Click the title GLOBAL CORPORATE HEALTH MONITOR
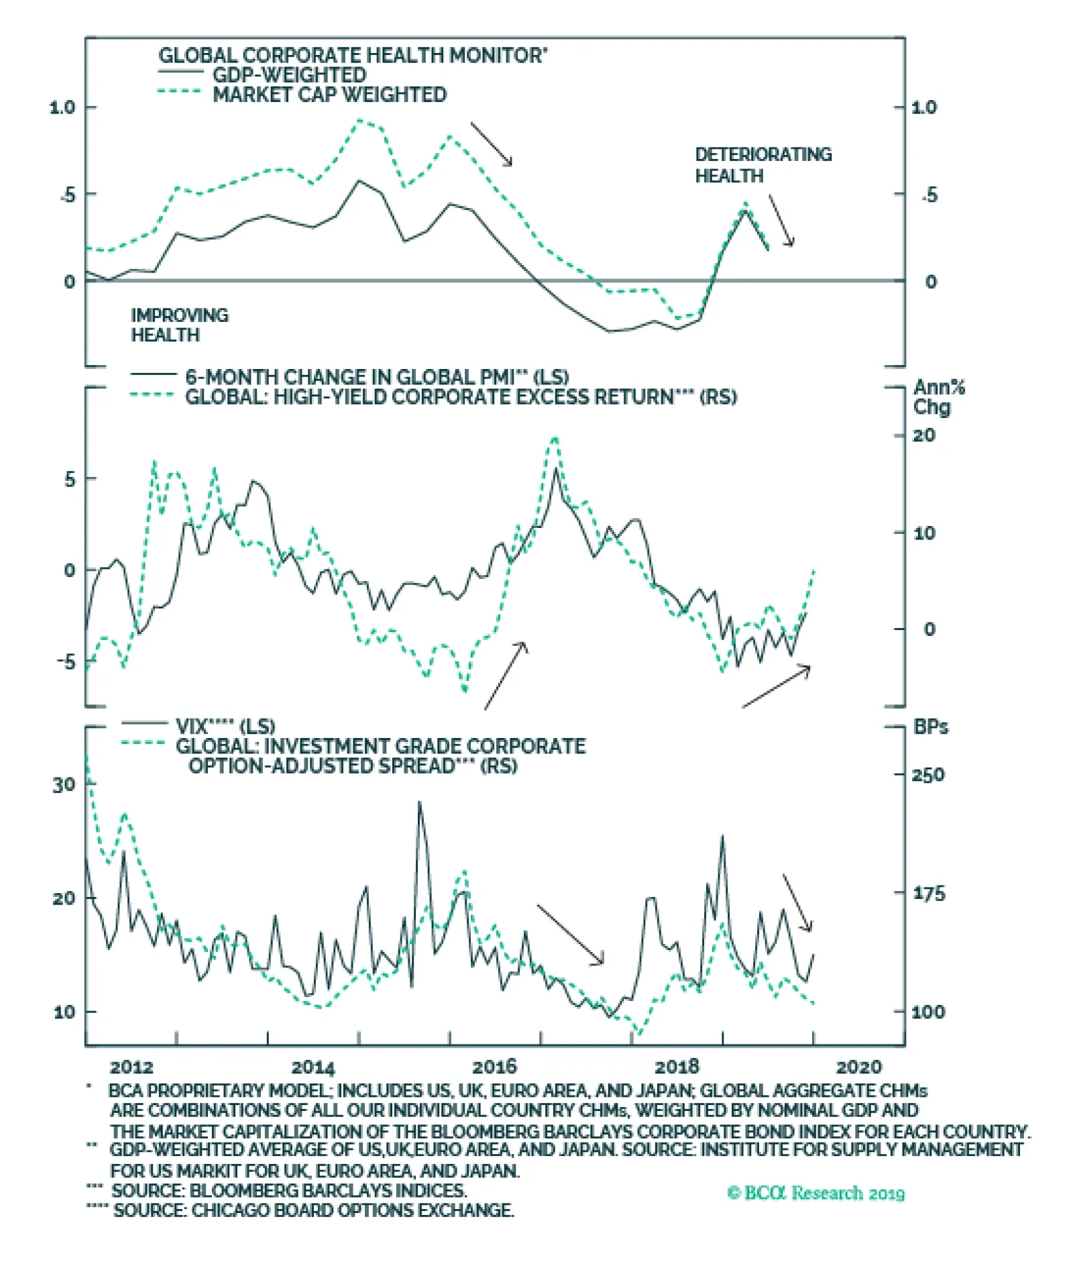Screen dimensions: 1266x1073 coord(352,55)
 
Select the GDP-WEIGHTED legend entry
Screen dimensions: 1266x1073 coord(289,75)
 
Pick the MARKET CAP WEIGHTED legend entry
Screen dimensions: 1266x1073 coord(329,95)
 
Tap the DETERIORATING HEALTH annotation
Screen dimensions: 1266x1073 coord(763,165)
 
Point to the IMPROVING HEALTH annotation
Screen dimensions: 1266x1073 coord(179,325)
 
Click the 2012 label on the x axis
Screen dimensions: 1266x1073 coord(131,1067)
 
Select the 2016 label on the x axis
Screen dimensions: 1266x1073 coord(494,1067)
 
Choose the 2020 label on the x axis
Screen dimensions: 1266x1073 coord(858,1067)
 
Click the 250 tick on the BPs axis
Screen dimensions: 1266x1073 coord(927,775)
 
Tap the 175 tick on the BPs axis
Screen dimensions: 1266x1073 coord(927,894)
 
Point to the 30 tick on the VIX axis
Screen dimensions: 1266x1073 coord(64,784)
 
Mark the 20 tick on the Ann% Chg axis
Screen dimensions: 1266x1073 coord(924,435)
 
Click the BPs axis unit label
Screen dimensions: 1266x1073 coord(931,727)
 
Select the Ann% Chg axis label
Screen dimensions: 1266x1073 coord(938,397)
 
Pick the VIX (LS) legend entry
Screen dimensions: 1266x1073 coord(225,726)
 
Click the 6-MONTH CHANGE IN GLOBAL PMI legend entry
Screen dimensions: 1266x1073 coord(376,377)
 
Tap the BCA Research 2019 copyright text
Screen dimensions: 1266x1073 coord(815,1193)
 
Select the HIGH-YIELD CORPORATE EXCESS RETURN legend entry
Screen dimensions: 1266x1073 coord(460,397)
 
